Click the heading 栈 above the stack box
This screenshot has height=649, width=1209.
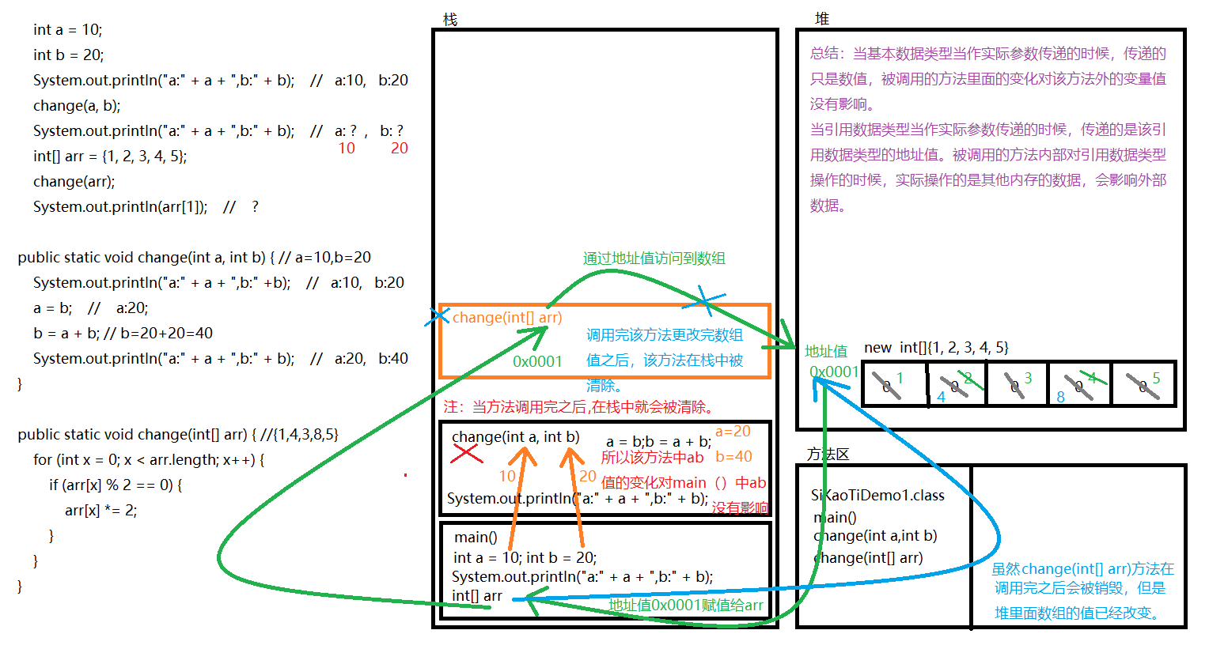tap(450, 19)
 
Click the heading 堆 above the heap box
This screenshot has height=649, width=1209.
tap(822, 19)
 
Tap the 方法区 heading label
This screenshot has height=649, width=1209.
tap(828, 454)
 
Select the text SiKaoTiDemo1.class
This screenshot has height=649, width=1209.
tap(877, 496)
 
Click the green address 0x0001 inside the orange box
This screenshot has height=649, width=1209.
tap(537, 361)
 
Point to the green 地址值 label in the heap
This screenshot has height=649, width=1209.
tap(825, 351)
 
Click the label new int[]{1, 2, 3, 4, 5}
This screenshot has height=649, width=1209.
tap(936, 348)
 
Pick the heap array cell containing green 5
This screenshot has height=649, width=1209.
tap(1144, 384)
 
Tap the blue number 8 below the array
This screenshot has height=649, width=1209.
tap(1060, 398)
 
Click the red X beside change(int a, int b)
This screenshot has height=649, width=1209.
tap(466, 454)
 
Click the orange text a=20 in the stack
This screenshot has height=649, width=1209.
tap(733, 432)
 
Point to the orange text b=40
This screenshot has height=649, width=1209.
tap(733, 457)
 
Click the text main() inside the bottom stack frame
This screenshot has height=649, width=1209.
tap(476, 538)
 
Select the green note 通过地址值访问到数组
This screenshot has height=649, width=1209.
tap(654, 258)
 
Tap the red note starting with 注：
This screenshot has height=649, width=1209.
tap(580, 407)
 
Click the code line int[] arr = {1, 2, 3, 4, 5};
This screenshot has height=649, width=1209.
tap(110, 157)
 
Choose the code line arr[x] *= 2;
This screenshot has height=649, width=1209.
tap(100, 511)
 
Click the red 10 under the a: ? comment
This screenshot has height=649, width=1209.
tap(347, 149)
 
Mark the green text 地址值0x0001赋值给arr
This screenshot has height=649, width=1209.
tap(685, 606)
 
